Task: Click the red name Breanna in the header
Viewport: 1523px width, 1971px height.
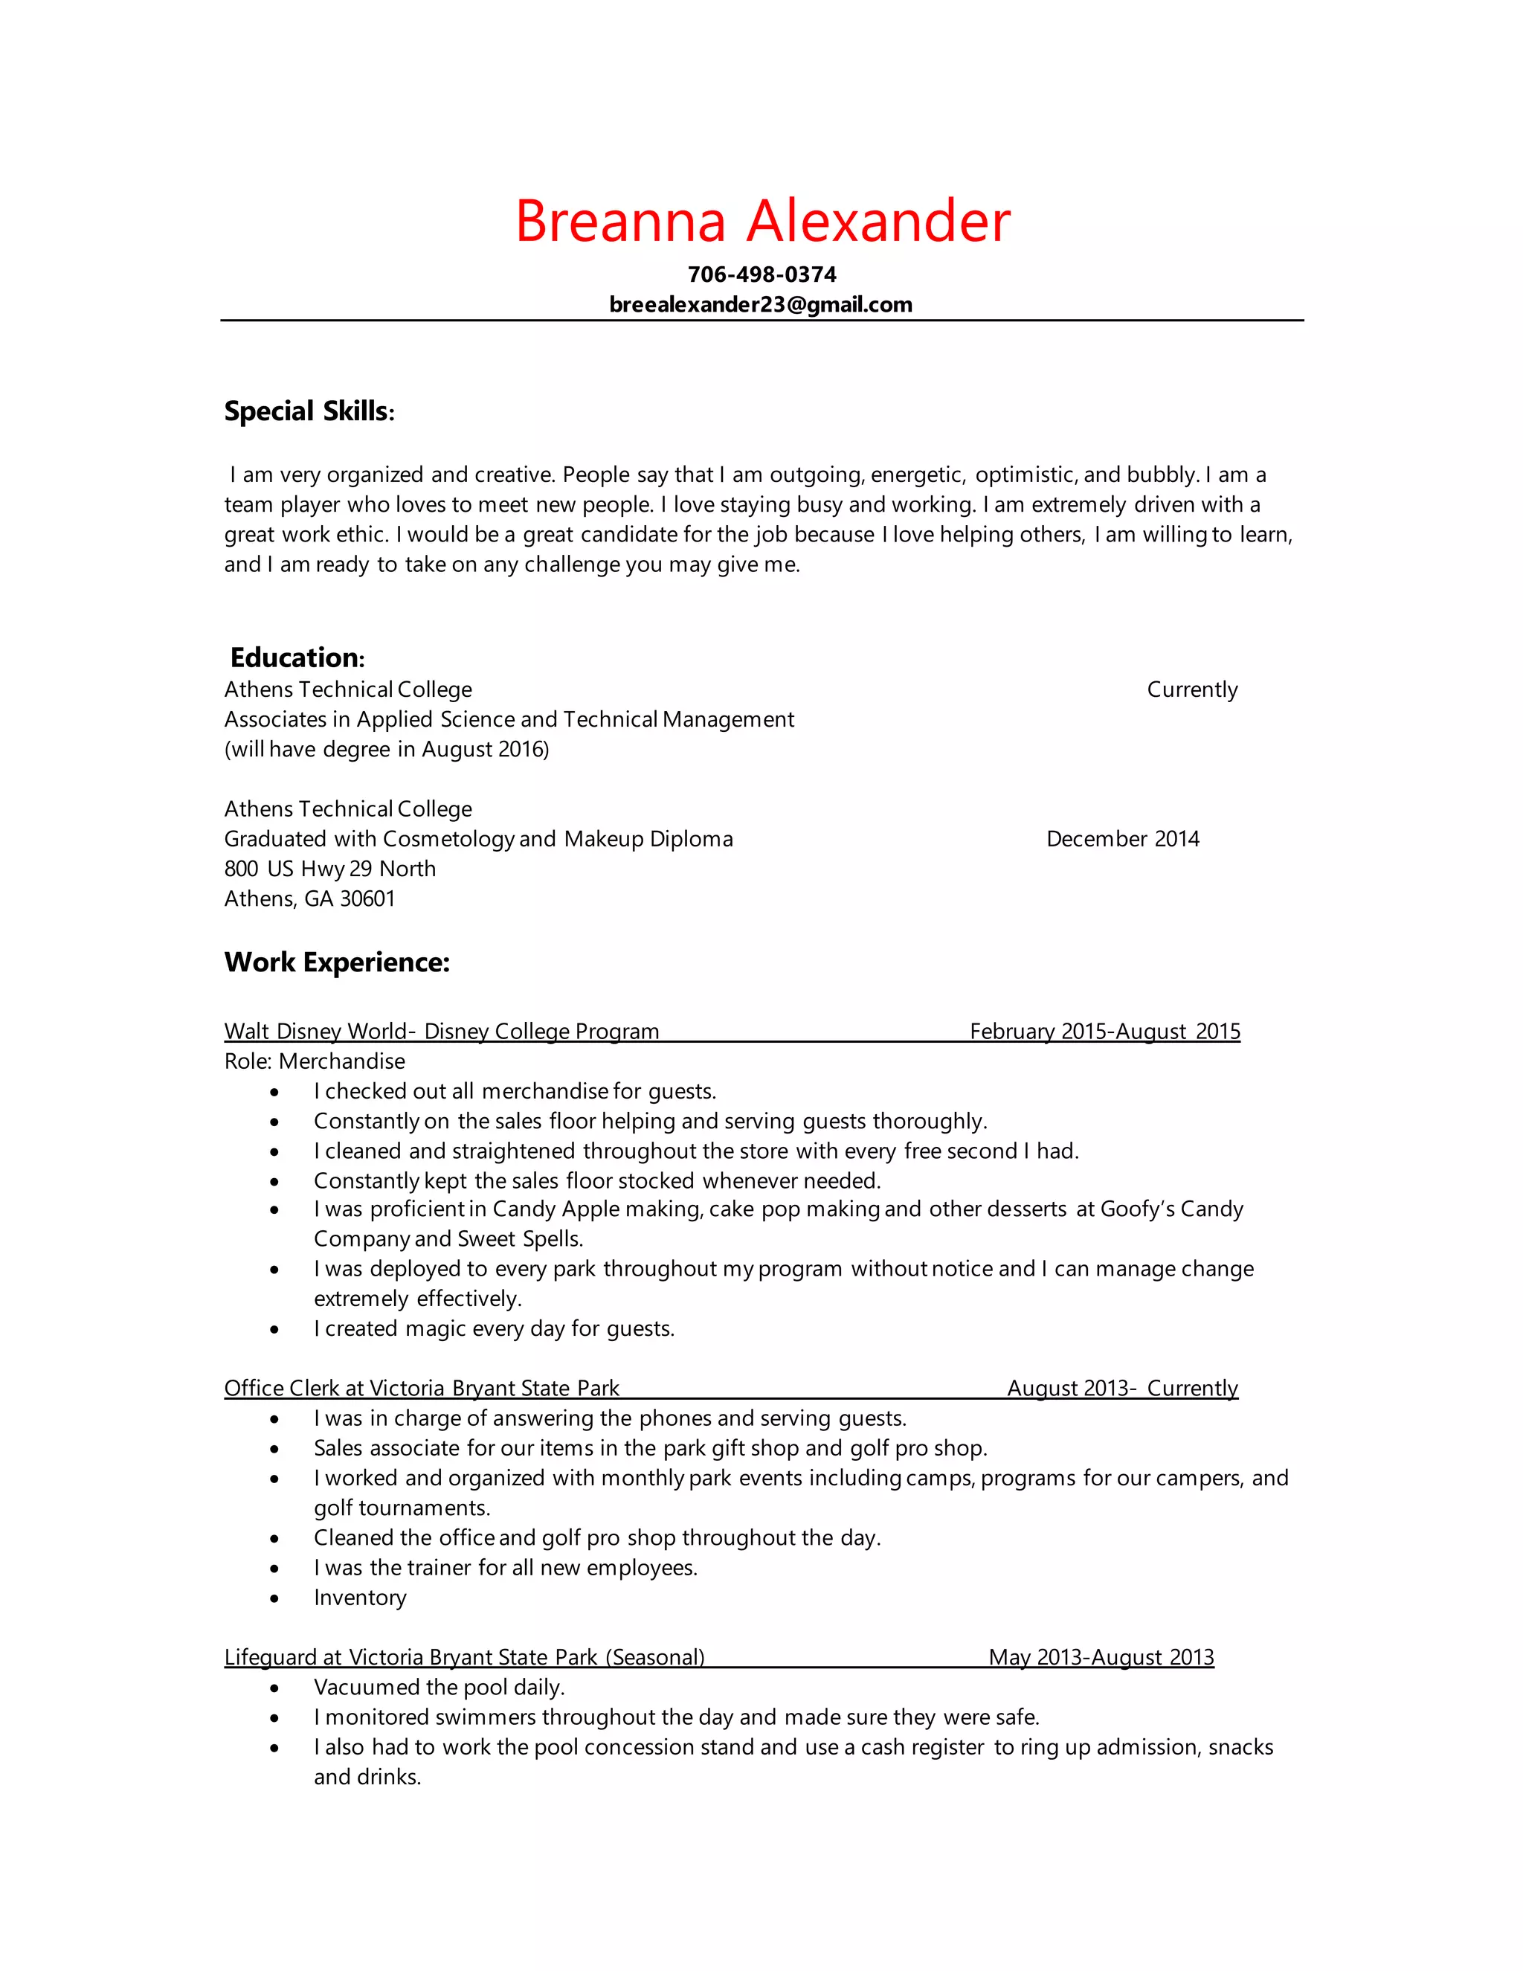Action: coord(620,221)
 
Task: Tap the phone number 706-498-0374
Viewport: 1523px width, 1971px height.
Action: coord(761,274)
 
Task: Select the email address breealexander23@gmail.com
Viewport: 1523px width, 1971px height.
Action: coord(761,305)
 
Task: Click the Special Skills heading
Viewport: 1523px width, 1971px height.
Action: coord(309,411)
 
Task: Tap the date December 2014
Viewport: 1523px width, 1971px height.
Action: coord(1122,839)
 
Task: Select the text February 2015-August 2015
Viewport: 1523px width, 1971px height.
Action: coord(1104,1032)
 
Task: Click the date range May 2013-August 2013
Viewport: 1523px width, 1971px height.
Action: coord(1101,1658)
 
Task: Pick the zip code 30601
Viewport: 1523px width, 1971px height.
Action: coord(367,899)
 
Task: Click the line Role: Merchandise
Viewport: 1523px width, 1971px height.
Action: coord(314,1061)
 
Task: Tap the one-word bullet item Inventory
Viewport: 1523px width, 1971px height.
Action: coord(360,1598)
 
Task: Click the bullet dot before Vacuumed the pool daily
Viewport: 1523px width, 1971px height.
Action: coord(274,1688)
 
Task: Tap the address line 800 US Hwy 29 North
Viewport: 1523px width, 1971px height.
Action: coord(329,869)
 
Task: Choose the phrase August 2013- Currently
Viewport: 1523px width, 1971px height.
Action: coord(1122,1389)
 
